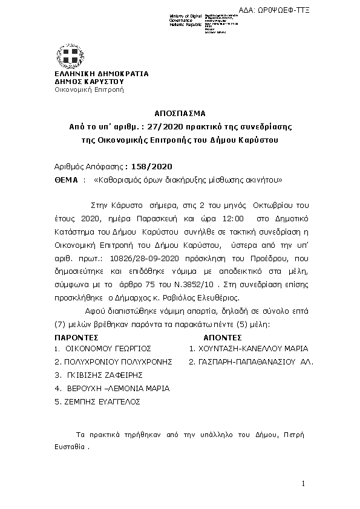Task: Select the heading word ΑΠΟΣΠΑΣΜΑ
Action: click(180, 112)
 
